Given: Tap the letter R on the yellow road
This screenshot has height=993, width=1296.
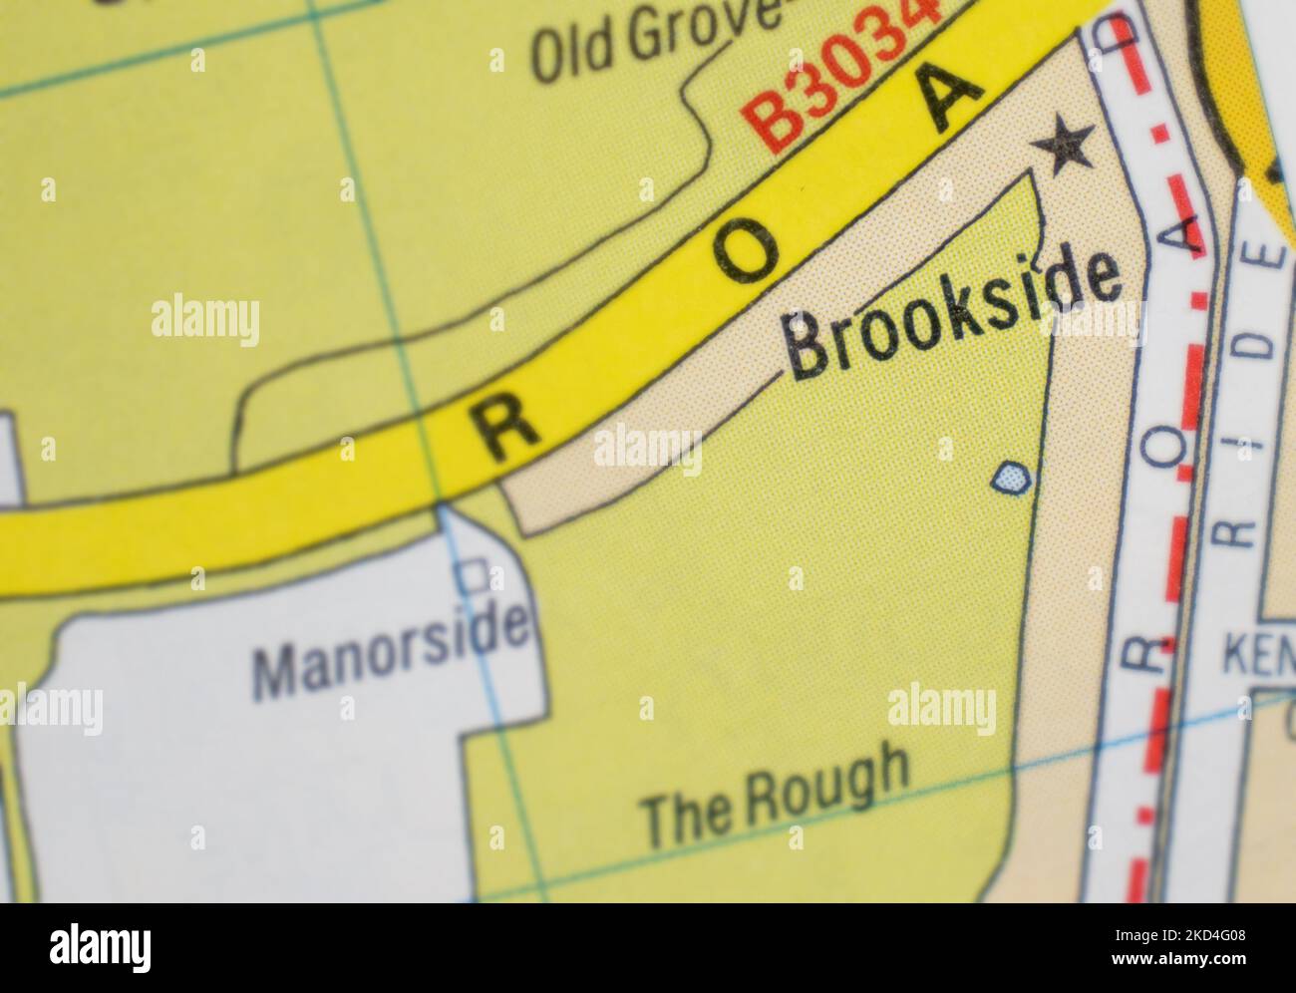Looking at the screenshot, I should click(502, 433).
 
